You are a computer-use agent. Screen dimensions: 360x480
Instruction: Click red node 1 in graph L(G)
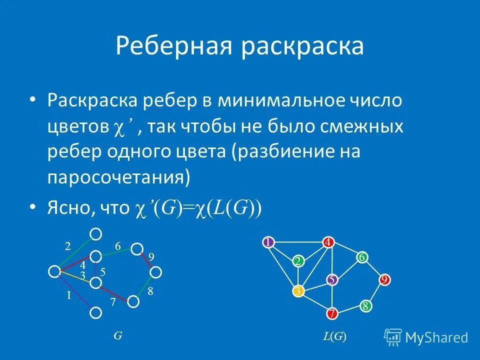268,242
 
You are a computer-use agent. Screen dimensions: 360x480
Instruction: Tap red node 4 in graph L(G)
328,242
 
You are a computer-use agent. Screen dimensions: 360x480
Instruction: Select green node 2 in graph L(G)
298,261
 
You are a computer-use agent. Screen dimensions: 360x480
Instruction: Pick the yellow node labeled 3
298,291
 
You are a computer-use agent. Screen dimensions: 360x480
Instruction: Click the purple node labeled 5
331,280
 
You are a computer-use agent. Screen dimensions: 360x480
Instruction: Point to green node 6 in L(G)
362,257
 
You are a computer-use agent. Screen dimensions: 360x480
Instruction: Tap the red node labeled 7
332,314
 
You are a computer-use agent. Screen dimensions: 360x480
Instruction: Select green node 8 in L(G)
365,306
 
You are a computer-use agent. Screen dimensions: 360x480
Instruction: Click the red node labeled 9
384,280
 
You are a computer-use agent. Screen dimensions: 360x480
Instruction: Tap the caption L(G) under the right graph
334,336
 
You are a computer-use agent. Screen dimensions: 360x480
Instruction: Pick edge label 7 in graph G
113,302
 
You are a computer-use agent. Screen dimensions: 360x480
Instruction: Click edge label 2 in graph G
67,245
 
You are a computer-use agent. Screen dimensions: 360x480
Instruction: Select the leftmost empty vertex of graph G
54,271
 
